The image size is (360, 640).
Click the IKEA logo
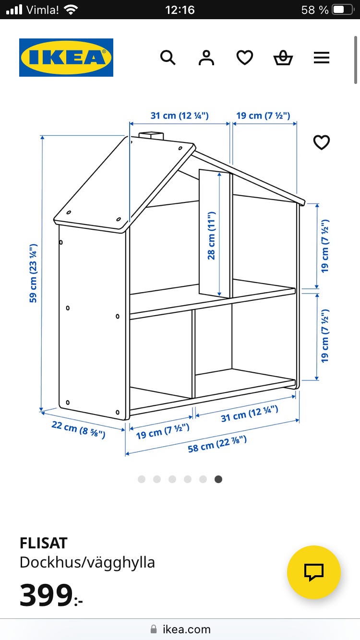click(x=66, y=58)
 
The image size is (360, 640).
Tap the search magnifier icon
click(x=168, y=58)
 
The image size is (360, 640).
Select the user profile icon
click(x=206, y=58)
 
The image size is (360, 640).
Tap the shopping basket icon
click(x=283, y=58)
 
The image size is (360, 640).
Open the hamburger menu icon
click(x=322, y=58)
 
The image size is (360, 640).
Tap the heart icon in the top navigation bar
click(x=245, y=58)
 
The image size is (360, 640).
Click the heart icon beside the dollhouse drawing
click(x=322, y=142)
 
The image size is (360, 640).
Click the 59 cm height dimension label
click(x=33, y=273)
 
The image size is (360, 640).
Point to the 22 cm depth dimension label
click(x=78, y=429)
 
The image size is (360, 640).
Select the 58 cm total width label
click(x=217, y=444)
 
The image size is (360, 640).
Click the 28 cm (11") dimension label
click(x=211, y=236)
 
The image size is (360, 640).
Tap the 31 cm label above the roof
click(x=180, y=116)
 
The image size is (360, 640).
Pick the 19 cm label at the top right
click(x=263, y=116)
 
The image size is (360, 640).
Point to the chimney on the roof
click(x=151, y=135)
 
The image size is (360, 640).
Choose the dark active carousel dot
click(x=218, y=479)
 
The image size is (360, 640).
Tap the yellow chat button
click(x=313, y=572)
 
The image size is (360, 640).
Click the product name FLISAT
click(x=44, y=543)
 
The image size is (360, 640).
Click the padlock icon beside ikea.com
click(x=154, y=629)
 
